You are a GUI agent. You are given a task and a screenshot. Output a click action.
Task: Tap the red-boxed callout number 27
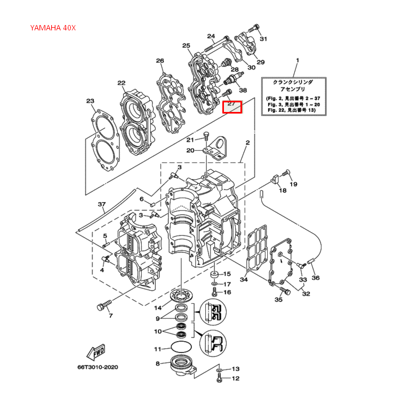click(x=232, y=106)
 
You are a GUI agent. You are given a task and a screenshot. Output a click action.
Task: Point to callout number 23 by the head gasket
click(x=90, y=101)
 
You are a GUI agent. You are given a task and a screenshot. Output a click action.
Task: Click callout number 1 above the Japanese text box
click(x=297, y=61)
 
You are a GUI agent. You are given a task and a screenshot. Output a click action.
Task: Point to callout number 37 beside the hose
click(x=101, y=205)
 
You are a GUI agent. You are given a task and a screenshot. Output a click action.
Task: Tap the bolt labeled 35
click(x=284, y=291)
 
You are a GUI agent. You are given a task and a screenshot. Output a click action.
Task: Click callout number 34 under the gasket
click(x=244, y=279)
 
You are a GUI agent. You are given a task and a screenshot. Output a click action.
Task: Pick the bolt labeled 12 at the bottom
click(x=220, y=379)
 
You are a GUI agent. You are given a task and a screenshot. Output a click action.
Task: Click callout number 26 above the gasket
click(x=159, y=61)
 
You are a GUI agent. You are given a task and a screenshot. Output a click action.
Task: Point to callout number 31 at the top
click(x=263, y=39)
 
